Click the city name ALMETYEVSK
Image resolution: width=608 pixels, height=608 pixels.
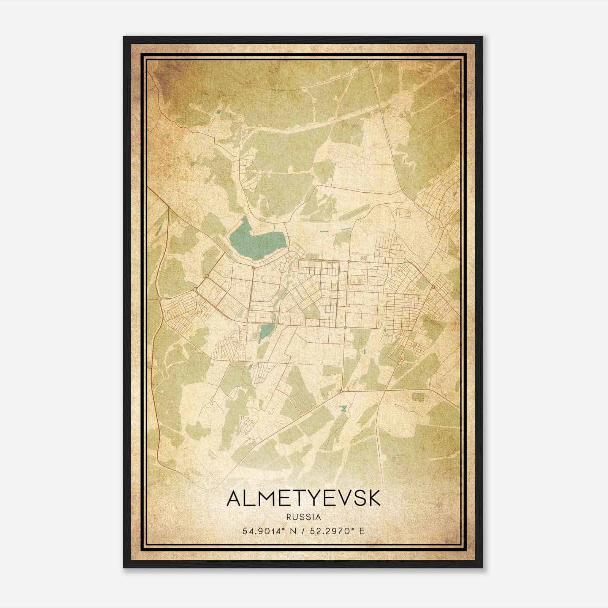click(303, 499)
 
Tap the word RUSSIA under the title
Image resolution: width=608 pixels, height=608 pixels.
click(304, 517)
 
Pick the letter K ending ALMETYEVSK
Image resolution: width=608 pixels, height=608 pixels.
click(374, 499)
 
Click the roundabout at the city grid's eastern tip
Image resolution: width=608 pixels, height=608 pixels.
click(433, 287)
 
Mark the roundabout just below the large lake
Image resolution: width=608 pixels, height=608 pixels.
click(253, 268)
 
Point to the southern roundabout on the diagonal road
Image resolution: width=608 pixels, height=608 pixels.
click(341, 390)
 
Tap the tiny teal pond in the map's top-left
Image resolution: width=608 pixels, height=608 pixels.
click(218, 112)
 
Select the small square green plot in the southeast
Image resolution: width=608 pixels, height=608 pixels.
click(418, 397)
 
